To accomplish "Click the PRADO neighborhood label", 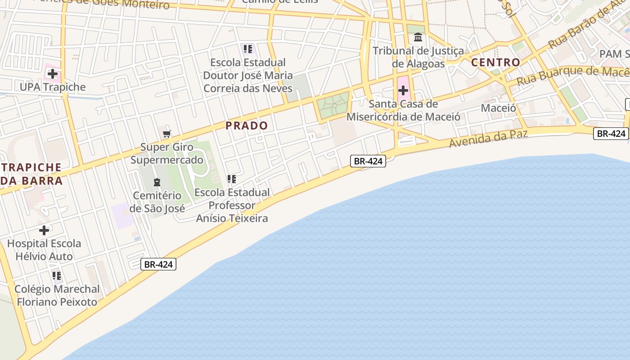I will pyautogui.click(x=247, y=126).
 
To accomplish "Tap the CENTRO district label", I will pyautogui.click(x=495, y=62).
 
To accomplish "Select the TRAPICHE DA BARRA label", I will pyautogui.click(x=31, y=174).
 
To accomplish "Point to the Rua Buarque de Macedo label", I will pyautogui.click(x=571, y=75).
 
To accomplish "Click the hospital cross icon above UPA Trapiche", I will pyautogui.click(x=53, y=74).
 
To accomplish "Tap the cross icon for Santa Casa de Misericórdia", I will pyautogui.click(x=403, y=90).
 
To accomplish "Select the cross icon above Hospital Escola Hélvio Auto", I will pyautogui.click(x=44, y=230).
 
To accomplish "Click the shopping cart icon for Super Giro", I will pyautogui.click(x=167, y=134).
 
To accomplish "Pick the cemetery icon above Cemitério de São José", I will pyautogui.click(x=157, y=182).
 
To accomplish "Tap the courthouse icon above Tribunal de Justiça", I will pyautogui.click(x=418, y=37).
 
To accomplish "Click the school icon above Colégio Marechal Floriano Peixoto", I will pyautogui.click(x=57, y=275).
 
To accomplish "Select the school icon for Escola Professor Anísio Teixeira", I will pyautogui.click(x=232, y=179).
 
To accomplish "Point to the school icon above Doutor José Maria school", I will pyautogui.click(x=248, y=49).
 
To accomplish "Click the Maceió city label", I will pyautogui.click(x=498, y=108).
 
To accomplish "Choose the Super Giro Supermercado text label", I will pyautogui.click(x=167, y=153).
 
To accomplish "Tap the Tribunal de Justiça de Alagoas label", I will pyautogui.click(x=418, y=57).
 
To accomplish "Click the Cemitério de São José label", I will pyautogui.click(x=157, y=202).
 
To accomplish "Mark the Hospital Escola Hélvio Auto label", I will pyautogui.click(x=44, y=250).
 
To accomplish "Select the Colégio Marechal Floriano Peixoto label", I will pyautogui.click(x=57, y=295).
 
